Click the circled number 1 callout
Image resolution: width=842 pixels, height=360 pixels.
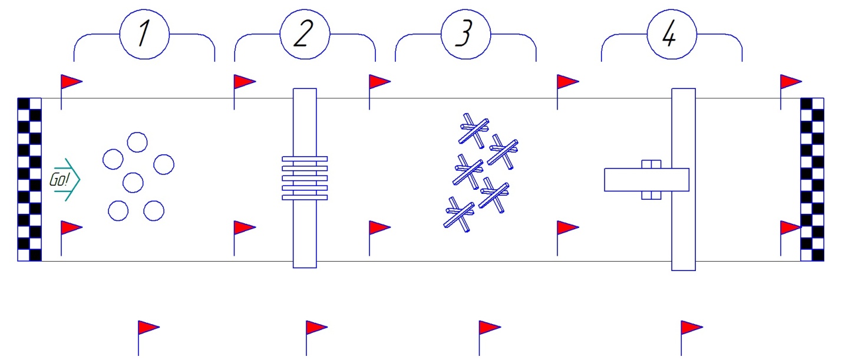[x=144, y=35]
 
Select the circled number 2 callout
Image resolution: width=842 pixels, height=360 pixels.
[x=304, y=35]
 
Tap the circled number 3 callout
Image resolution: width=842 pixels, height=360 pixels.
[x=465, y=35]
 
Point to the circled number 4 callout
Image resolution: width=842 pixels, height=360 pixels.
[x=671, y=35]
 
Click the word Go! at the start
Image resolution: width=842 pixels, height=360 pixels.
[x=60, y=180]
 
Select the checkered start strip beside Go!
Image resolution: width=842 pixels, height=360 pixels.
[x=30, y=179]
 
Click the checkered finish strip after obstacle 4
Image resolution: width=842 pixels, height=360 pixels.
[x=812, y=179]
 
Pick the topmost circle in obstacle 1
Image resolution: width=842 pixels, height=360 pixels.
[x=137, y=143]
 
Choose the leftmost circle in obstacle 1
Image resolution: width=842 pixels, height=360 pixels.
[x=113, y=159]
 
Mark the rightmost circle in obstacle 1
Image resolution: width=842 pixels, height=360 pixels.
[x=164, y=164]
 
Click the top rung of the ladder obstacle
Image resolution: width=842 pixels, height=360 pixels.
[x=305, y=159]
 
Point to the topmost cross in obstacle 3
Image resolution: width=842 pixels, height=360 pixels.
[x=474, y=129]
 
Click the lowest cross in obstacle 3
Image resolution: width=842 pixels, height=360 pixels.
[x=458, y=214]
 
